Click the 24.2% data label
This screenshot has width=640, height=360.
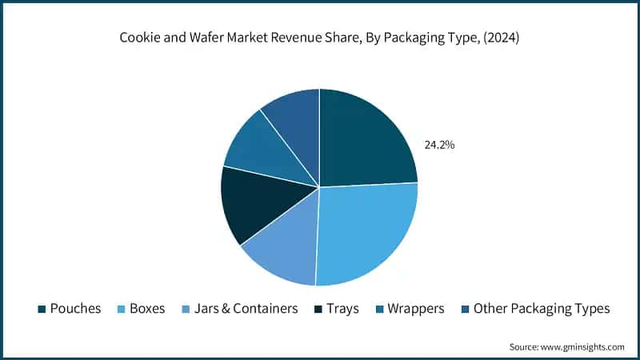[x=438, y=146]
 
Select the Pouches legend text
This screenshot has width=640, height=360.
[x=75, y=308]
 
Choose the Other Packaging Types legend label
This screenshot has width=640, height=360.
[x=541, y=308]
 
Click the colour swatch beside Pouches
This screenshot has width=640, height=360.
[x=41, y=309]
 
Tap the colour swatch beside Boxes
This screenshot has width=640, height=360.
[x=122, y=309]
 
